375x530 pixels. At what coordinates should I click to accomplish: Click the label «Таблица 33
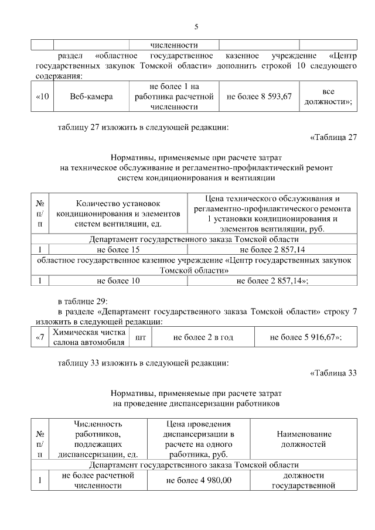pyautogui.click(x=333, y=374)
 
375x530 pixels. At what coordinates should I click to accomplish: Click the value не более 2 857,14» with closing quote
pyautogui.click(x=272, y=281)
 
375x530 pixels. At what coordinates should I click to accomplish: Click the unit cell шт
pyautogui.click(x=140, y=337)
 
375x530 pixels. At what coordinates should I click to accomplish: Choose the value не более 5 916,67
pyautogui.click(x=306, y=337)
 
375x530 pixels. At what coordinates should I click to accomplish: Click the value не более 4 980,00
pyautogui.click(x=199, y=480)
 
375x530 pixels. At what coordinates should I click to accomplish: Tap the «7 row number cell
pyautogui.click(x=39, y=337)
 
